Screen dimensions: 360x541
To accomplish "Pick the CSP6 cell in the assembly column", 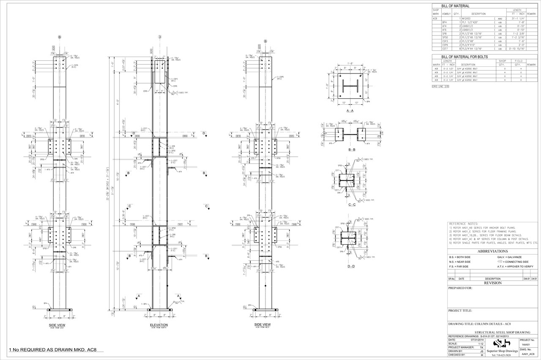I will pyautogui.click(x=445, y=45).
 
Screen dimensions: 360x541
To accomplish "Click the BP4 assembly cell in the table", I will pyautogui.click(x=445, y=22).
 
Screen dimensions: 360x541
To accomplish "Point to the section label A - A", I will pyautogui.click(x=350, y=111).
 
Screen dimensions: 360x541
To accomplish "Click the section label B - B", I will pyautogui.click(x=350, y=150).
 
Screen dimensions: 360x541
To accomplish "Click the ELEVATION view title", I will pyautogui.click(x=159, y=325).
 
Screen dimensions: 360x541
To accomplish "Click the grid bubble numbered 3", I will pyautogui.click(x=160, y=37).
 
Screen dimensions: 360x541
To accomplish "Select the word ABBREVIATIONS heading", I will pyautogui.click(x=492, y=251).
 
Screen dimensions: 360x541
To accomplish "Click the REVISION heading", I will pyautogui.click(x=492, y=283).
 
